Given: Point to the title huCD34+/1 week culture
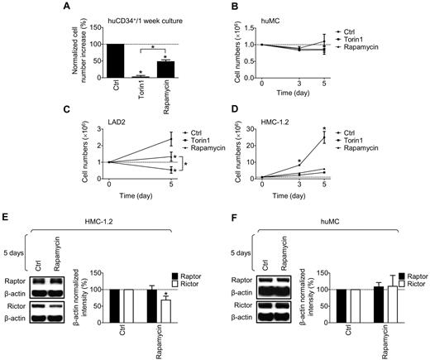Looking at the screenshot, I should pyautogui.click(x=138, y=7).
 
